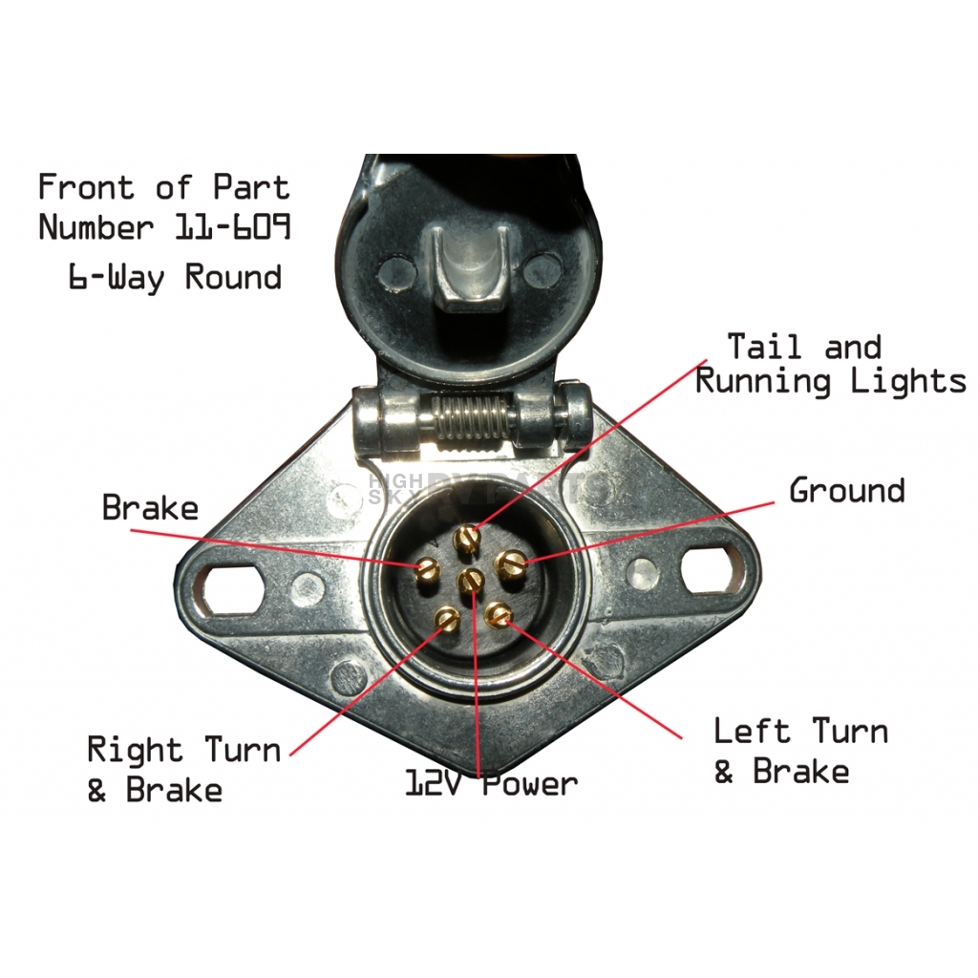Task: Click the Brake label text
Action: tap(150, 507)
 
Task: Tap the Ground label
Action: tap(846, 491)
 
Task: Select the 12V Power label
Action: tap(492, 784)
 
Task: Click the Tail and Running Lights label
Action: tap(830, 364)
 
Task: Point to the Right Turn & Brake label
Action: tap(183, 770)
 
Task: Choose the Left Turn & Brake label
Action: tap(800, 751)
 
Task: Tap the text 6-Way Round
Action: tap(175, 278)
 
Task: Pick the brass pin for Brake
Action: tap(428, 571)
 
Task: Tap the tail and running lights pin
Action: tap(466, 538)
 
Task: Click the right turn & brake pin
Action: tap(446, 621)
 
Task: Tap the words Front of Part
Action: tap(163, 187)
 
